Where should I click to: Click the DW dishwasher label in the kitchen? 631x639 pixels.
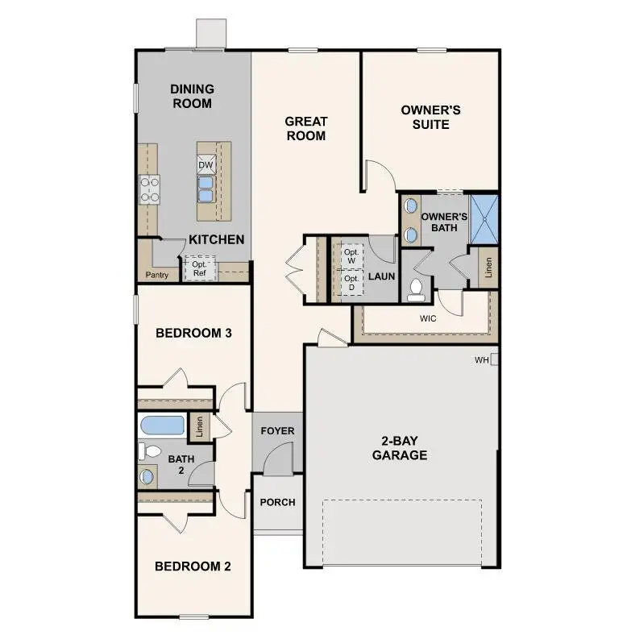(x=205, y=165)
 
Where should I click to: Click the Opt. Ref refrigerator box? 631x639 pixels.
(x=198, y=268)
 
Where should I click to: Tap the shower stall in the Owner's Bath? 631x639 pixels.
(x=484, y=219)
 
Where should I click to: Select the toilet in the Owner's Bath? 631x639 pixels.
(x=417, y=288)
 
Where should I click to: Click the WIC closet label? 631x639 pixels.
(x=428, y=318)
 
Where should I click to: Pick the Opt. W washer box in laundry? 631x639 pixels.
(x=351, y=255)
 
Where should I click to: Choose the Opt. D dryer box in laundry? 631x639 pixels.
(x=351, y=283)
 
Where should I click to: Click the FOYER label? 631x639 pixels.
(x=277, y=431)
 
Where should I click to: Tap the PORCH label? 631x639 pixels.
(x=277, y=502)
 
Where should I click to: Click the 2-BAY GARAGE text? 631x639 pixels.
(x=400, y=448)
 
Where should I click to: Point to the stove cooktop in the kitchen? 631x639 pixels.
(x=149, y=189)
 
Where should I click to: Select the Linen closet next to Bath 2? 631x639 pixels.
(x=200, y=426)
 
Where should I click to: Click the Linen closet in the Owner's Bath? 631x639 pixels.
(x=488, y=267)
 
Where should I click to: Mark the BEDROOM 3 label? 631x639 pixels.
(x=194, y=332)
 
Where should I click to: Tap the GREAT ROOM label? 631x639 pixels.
(x=305, y=128)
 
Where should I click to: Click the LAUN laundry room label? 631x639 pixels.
(x=381, y=276)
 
